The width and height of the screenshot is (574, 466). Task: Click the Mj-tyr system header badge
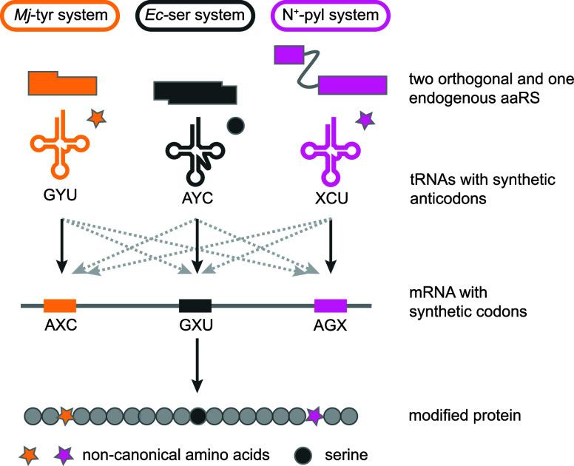click(60, 16)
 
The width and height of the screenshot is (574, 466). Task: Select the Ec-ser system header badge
click(195, 16)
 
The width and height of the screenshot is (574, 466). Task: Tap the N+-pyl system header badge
click(330, 16)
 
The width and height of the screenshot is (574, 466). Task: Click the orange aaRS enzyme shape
click(63, 84)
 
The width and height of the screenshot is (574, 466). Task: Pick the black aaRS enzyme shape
click(195, 93)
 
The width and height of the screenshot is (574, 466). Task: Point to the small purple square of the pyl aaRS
click(289, 55)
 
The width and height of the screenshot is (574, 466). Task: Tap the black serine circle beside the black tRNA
click(236, 126)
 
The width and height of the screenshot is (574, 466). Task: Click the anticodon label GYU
click(60, 195)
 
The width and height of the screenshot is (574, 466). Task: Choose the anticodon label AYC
click(197, 198)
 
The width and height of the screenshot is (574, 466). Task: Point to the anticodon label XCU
click(331, 198)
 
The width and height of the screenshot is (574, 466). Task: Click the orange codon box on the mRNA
click(60, 305)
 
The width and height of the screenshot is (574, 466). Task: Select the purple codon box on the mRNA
click(331, 305)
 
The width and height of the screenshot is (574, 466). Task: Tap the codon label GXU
click(196, 325)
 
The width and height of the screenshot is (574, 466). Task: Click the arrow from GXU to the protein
click(197, 365)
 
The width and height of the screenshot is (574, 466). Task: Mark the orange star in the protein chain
click(66, 416)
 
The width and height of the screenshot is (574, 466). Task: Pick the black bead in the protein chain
click(198, 416)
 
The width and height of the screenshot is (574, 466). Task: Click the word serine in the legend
click(346, 455)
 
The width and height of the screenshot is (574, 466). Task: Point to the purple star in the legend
click(64, 455)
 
